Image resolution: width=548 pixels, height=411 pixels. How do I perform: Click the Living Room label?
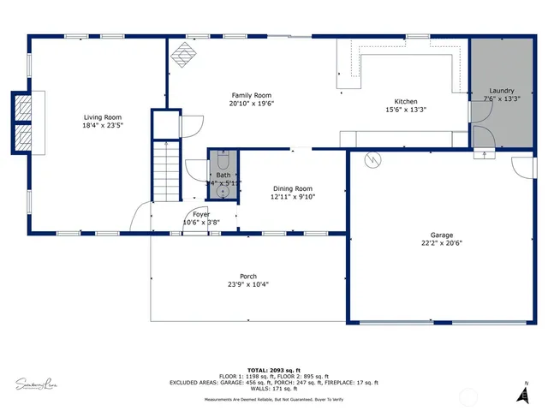(x=102, y=117)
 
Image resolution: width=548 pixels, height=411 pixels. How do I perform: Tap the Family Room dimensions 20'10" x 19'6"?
(x=251, y=104)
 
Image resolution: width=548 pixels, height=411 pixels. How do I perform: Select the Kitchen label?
(x=405, y=100)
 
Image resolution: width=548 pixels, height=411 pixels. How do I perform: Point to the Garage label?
(x=442, y=235)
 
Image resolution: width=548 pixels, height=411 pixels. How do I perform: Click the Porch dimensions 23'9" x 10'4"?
(x=242, y=285)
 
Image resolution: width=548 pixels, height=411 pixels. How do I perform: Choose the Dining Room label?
(x=293, y=188)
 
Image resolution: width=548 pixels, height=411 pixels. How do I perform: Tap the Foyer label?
(x=201, y=214)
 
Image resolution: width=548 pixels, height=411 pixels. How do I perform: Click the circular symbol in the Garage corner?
(x=373, y=159)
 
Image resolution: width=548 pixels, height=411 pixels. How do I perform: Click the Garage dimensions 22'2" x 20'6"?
(x=442, y=243)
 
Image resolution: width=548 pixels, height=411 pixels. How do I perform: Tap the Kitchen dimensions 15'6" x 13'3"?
(x=405, y=109)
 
